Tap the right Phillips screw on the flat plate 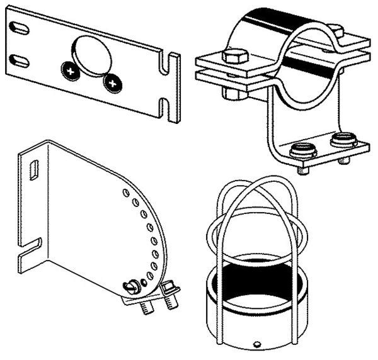[x=113, y=81]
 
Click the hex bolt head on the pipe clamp [x=234, y=57]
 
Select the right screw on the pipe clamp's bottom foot [x=343, y=142]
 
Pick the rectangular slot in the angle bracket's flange [x=35, y=170]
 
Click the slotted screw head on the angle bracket [x=134, y=287]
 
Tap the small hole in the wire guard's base [x=256, y=344]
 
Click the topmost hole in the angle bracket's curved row [x=125, y=190]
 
